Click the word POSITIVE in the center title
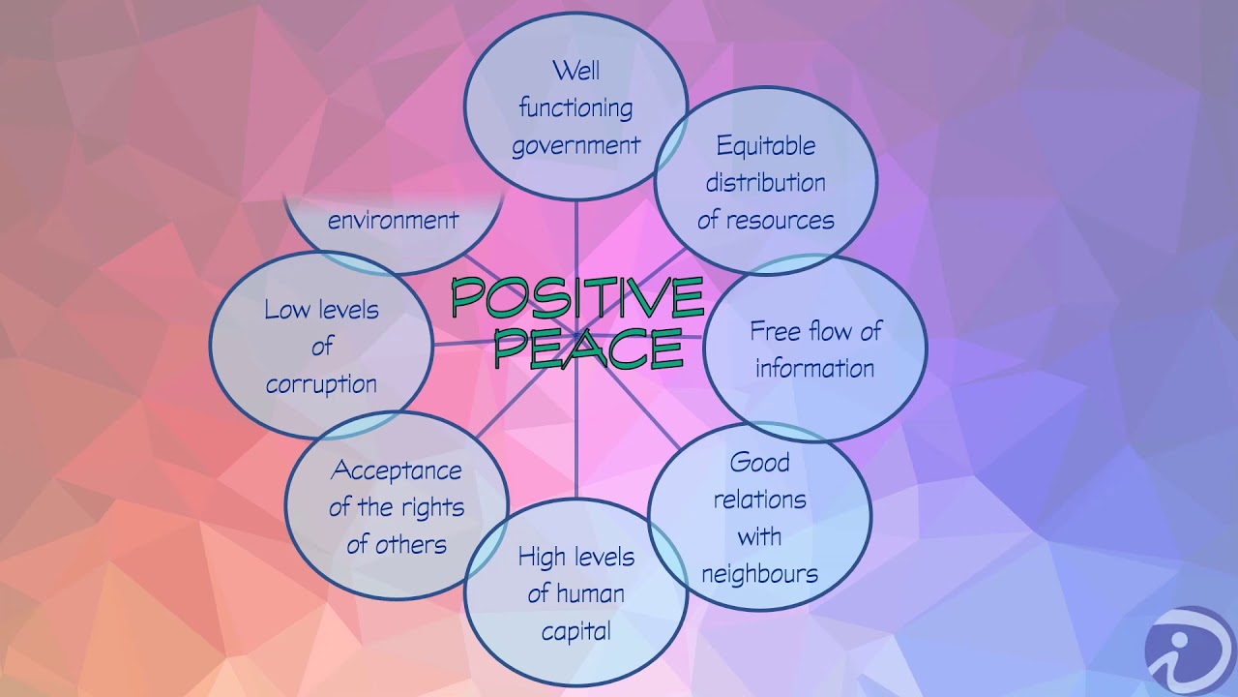[577, 298]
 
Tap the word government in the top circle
[575, 146]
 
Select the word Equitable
[766, 146]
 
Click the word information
[814, 369]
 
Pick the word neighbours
[759, 573]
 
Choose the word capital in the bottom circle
[575, 632]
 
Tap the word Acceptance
[397, 471]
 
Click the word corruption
[321, 384]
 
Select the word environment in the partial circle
[393, 221]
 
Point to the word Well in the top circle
[575, 72]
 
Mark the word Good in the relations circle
[759, 463]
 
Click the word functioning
[575, 108]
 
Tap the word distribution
[766, 183]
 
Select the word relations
[759, 500]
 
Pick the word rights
[429, 508]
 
